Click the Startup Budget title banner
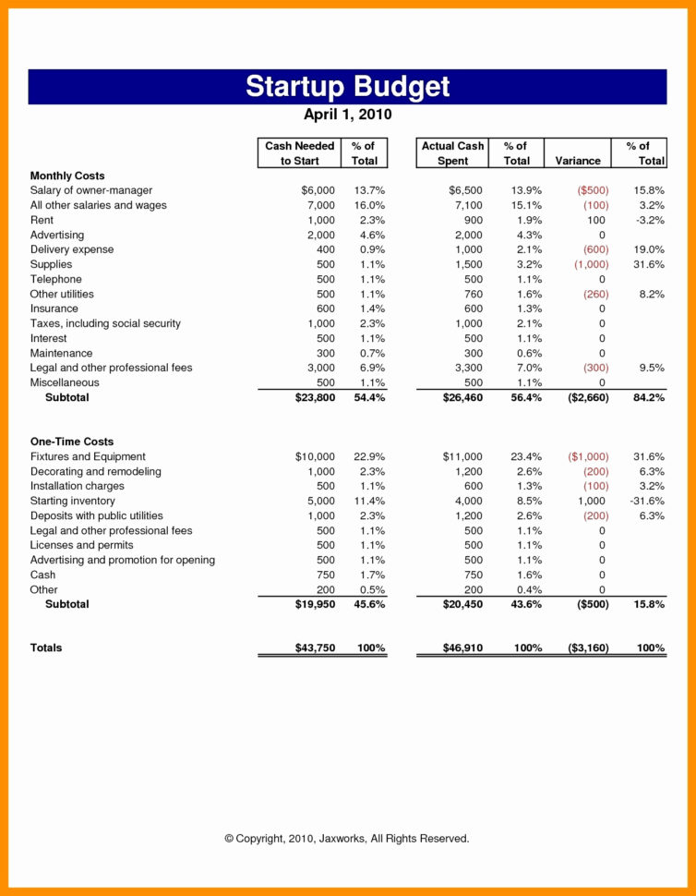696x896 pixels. tap(347, 86)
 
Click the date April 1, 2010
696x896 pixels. tap(347, 115)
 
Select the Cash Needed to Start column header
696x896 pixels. tap(299, 153)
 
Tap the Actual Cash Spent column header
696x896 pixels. tap(452, 153)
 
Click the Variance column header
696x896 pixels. tap(578, 161)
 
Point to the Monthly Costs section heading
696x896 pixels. tap(67, 176)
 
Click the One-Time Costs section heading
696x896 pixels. tap(72, 442)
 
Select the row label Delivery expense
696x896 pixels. tap(72, 249)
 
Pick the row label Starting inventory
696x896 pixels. tap(73, 501)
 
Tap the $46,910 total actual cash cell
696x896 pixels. tap(462, 648)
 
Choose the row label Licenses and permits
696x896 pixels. tap(81, 545)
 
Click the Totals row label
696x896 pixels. tap(46, 648)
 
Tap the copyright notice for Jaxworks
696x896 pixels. tap(347, 839)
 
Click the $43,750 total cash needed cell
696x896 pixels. tap(308, 648)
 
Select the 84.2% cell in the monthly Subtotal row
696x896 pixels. tap(647, 397)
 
